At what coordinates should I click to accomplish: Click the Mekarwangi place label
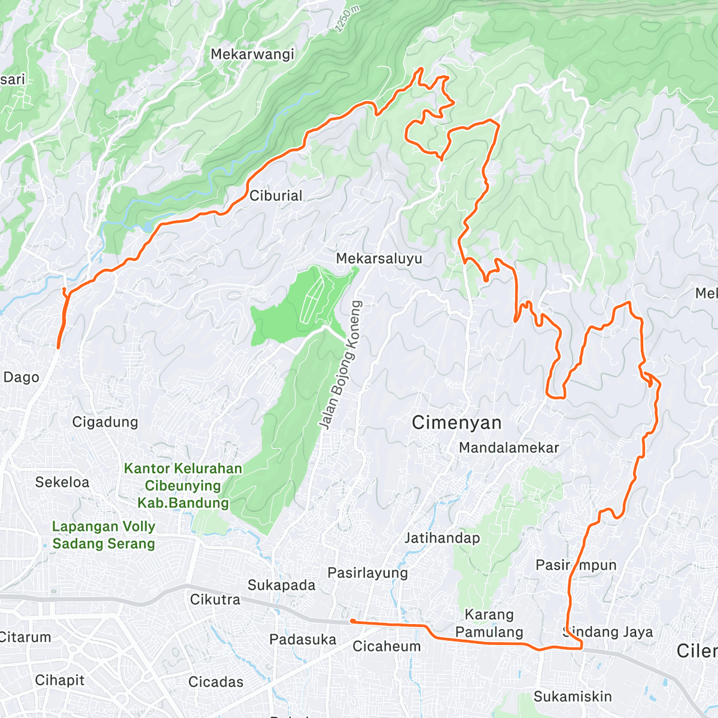point(252,54)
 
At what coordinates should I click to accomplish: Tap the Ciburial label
point(276,196)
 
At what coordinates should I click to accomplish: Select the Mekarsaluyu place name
point(379,258)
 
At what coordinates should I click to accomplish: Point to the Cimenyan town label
point(457,423)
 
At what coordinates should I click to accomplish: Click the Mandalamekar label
point(509,448)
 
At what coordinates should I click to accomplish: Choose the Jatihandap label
point(442,538)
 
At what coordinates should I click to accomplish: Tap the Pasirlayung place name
point(367,573)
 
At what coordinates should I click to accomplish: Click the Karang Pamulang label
point(489,623)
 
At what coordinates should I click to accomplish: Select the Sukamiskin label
point(573,696)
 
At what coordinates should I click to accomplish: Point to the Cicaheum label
point(387,646)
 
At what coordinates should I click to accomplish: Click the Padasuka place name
point(303,640)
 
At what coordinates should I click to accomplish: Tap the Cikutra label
point(215,600)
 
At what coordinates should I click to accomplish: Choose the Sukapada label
point(281,585)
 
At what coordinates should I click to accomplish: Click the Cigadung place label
point(105,422)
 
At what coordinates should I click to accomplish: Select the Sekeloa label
point(62,482)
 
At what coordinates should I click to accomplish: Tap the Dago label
point(22,378)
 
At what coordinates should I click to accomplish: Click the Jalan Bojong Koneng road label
point(340,366)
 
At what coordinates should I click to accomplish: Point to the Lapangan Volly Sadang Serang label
point(104,535)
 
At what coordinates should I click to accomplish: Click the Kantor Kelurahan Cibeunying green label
point(183,485)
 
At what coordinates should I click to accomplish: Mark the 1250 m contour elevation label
point(347,20)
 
